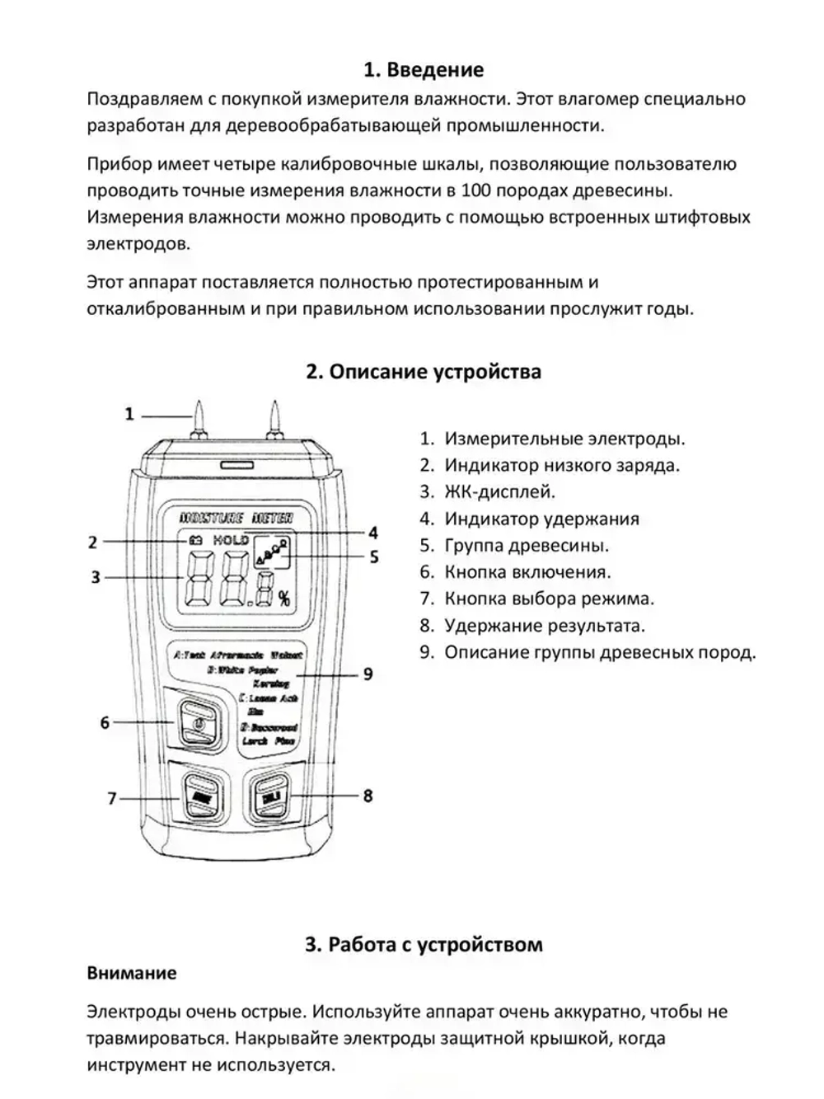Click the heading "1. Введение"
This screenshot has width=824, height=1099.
[424, 70]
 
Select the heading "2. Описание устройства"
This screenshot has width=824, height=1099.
[424, 372]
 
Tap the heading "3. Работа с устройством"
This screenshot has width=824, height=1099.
[424, 944]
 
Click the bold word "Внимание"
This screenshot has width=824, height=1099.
[132, 973]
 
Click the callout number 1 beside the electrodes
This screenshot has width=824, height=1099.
[129, 414]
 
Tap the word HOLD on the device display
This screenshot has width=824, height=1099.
[231, 540]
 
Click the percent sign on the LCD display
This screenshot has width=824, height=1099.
[283, 599]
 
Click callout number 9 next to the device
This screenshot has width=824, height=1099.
[368, 674]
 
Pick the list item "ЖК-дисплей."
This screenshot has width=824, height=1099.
[499, 492]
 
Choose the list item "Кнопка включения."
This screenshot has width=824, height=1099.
[527, 572]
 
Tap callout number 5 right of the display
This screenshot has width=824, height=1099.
[374, 557]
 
